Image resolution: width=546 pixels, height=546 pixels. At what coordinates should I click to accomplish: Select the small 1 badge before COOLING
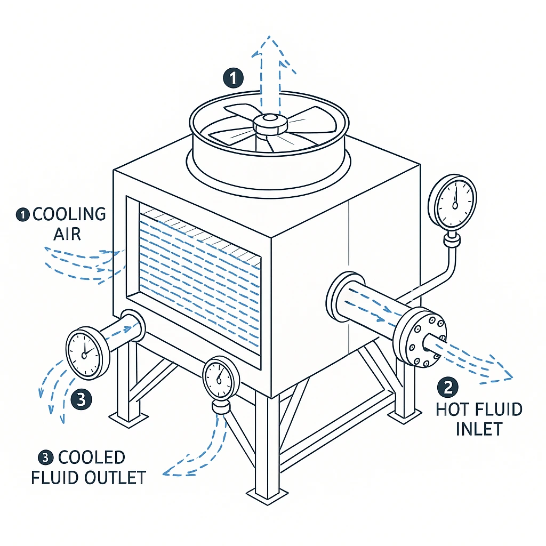click(22, 215)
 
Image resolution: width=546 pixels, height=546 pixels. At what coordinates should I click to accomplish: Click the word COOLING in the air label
click(69, 214)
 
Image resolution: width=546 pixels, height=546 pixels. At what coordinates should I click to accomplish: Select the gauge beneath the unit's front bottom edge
click(219, 379)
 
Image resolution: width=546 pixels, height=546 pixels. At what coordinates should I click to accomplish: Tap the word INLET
click(479, 429)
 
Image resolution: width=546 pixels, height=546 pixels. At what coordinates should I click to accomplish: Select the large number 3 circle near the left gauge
click(81, 399)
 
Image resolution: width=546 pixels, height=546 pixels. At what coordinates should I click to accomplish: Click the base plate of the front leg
click(265, 497)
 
